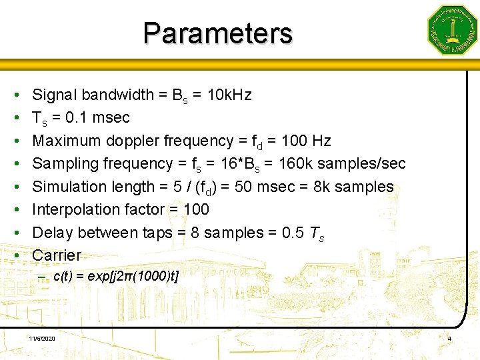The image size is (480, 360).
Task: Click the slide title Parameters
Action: [217, 33]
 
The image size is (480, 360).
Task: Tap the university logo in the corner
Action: [452, 30]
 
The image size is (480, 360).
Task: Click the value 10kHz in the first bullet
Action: [229, 95]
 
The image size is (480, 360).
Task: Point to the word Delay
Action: [52, 233]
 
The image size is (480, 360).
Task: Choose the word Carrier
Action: [57, 255]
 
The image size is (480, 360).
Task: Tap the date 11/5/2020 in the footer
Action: [42, 339]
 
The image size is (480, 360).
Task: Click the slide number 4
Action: [449, 339]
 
